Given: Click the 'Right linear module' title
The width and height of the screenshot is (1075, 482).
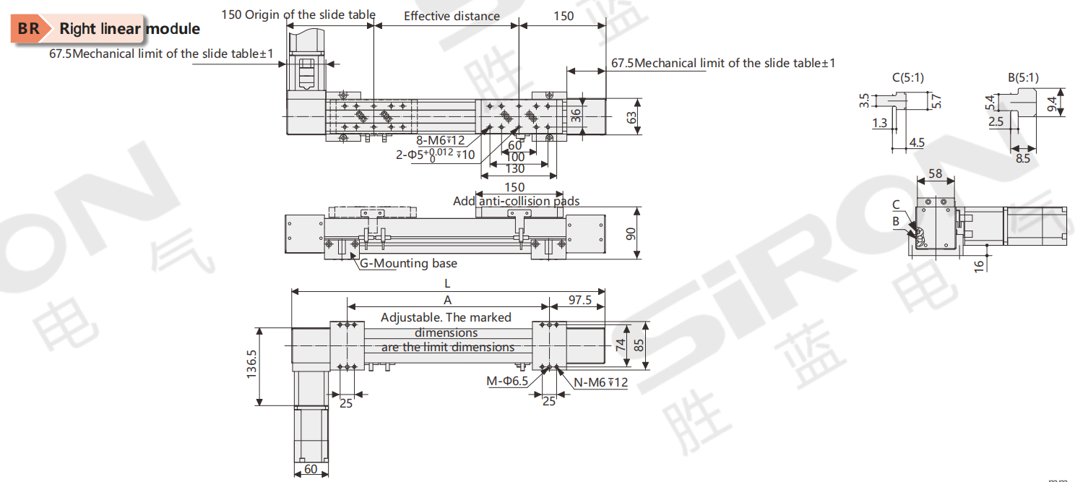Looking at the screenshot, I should pyautogui.click(x=129, y=30).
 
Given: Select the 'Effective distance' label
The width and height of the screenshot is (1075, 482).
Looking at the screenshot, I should pyautogui.click(x=452, y=16).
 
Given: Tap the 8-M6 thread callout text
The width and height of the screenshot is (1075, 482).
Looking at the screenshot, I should pyautogui.click(x=440, y=140).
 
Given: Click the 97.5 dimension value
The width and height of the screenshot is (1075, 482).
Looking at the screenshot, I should pyautogui.click(x=580, y=299).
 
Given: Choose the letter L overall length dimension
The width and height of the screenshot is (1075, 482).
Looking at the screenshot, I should pyautogui.click(x=447, y=284).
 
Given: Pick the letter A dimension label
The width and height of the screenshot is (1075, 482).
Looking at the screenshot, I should pyautogui.click(x=447, y=299).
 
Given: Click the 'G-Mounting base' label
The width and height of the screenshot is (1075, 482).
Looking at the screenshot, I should pyautogui.click(x=409, y=264).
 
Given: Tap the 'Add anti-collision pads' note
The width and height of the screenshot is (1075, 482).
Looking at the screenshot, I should pyautogui.click(x=516, y=201).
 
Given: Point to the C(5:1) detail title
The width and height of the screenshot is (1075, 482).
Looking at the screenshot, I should pyautogui.click(x=908, y=77).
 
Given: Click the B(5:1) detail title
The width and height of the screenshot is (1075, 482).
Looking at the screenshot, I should pyautogui.click(x=1023, y=77).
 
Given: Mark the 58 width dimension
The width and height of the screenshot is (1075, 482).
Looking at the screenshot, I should pyautogui.click(x=935, y=173).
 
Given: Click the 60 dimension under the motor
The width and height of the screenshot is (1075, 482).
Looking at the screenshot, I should pyautogui.click(x=311, y=469).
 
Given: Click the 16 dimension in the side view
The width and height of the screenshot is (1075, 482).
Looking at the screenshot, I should pyautogui.click(x=979, y=265).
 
